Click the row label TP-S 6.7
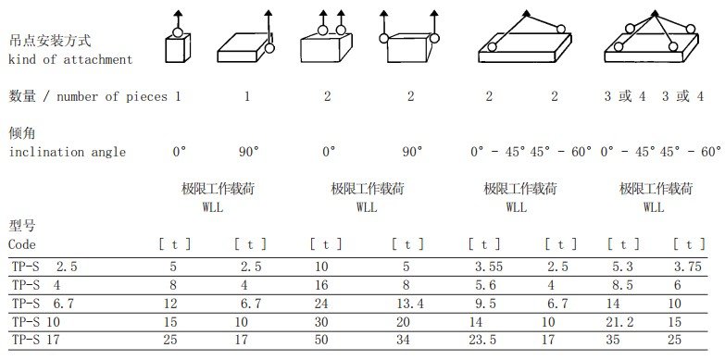(x=43, y=304)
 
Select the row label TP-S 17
(x=35, y=341)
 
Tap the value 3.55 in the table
(x=488, y=267)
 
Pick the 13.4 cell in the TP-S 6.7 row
(x=410, y=304)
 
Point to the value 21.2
(x=619, y=322)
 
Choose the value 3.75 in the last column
(x=688, y=267)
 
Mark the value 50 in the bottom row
(x=321, y=341)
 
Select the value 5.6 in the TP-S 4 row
(x=485, y=285)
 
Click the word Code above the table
(x=21, y=244)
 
